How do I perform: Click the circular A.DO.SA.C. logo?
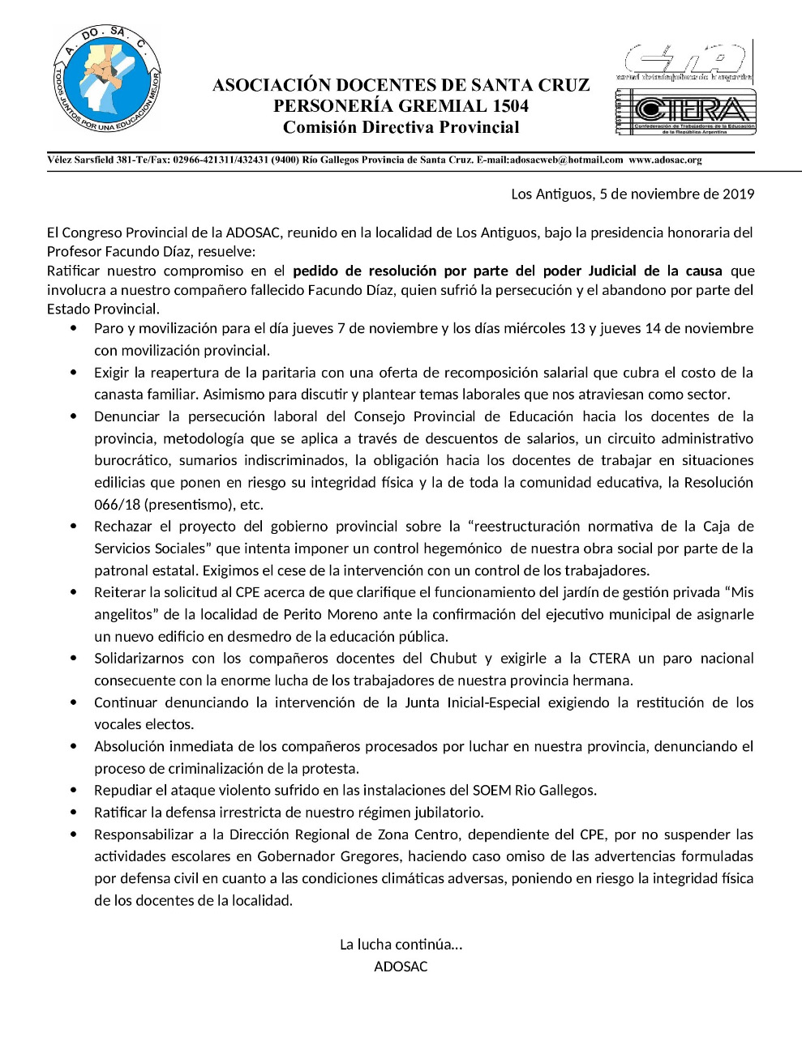(x=107, y=78)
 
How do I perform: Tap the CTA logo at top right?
(x=686, y=62)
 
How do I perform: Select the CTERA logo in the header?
(x=686, y=112)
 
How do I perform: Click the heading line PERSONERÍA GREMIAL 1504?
(x=401, y=106)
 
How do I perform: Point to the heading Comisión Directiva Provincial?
(x=401, y=127)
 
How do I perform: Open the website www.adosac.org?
(x=665, y=160)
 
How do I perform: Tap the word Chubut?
(x=453, y=658)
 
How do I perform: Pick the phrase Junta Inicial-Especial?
(x=472, y=702)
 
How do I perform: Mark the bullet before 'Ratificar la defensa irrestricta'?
(x=75, y=812)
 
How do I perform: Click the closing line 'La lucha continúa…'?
(x=401, y=944)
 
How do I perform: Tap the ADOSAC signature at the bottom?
(x=401, y=966)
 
